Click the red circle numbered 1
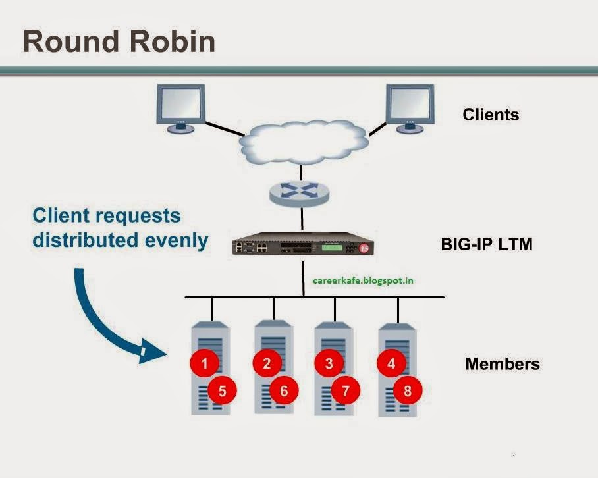[x=204, y=363]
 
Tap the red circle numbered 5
[x=222, y=391]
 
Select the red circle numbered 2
[x=267, y=363]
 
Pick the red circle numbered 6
[x=284, y=391]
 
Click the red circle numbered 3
[x=329, y=363]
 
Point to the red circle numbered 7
[x=346, y=391]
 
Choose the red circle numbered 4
[x=391, y=363]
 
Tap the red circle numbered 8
[x=408, y=391]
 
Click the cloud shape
[x=302, y=141]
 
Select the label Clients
[x=491, y=115]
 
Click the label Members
[x=502, y=364]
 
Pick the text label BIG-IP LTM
[x=486, y=245]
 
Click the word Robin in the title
[x=173, y=41]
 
